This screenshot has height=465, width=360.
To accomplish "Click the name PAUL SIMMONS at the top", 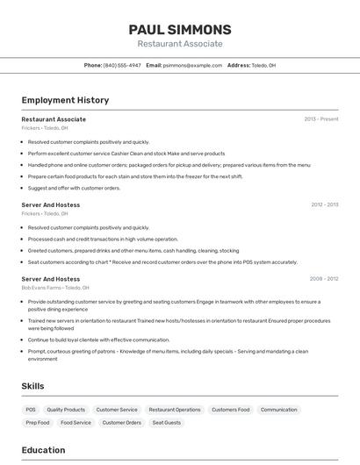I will tap(180, 30).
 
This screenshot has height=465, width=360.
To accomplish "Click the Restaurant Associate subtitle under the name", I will tap(180, 44).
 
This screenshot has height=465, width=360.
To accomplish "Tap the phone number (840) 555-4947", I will tap(122, 65).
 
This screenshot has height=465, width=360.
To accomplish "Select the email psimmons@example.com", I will tap(192, 65).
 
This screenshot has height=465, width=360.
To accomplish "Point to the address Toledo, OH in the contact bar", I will tap(260, 65).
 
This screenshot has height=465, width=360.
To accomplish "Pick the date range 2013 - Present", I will tap(321, 119).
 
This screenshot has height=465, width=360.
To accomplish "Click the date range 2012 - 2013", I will tap(324, 205).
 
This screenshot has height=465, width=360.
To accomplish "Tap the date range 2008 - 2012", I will tap(324, 279).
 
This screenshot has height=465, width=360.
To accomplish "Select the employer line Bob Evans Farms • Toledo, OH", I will tap(54, 287).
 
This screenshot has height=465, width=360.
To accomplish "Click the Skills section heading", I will tap(32, 386).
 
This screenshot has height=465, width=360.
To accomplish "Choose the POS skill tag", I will tap(31, 410).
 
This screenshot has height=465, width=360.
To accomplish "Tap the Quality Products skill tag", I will tap(66, 410).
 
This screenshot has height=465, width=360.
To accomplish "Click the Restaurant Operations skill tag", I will tap(175, 410).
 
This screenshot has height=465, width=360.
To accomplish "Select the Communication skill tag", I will tap(279, 410).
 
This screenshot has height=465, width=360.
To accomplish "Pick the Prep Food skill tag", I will tap(38, 423).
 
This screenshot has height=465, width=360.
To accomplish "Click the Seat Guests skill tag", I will tap(167, 423).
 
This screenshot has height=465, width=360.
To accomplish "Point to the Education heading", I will tap(43, 450).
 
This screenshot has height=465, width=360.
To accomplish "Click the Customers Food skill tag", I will tap(231, 410).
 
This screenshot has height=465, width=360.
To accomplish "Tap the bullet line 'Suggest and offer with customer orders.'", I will tap(74, 188).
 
